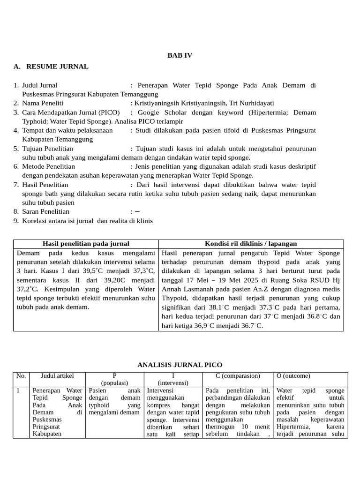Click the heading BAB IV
click(180, 55)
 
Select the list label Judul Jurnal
click(40, 85)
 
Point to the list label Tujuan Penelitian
click(47, 149)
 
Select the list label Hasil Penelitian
click(45, 185)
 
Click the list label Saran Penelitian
click(45, 211)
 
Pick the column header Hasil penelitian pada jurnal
click(86, 244)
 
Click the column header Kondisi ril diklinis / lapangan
click(251, 244)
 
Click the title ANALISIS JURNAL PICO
click(180, 365)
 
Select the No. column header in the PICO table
click(21, 376)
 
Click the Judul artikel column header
click(57, 376)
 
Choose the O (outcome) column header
click(293, 376)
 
